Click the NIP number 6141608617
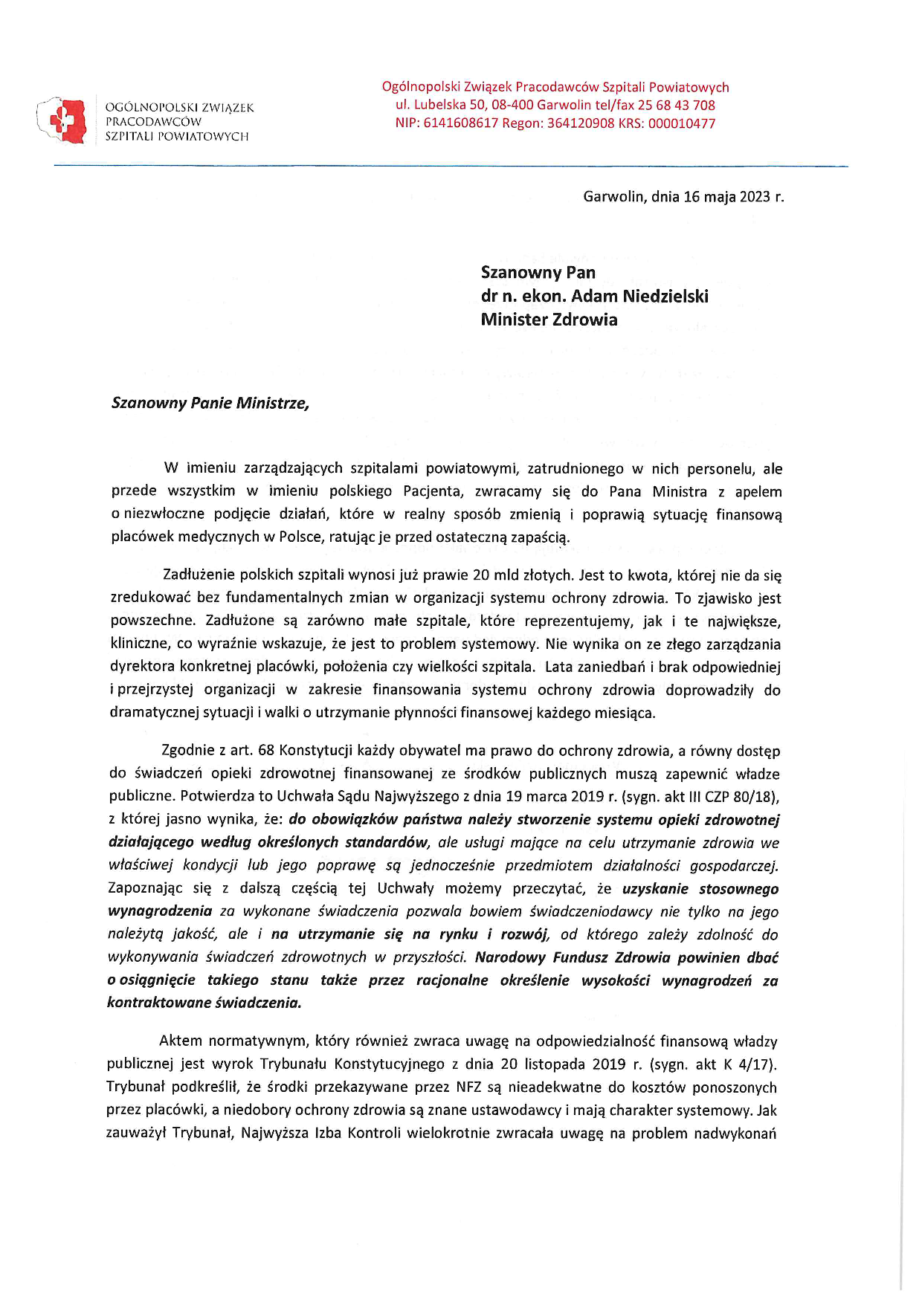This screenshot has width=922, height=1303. [x=460, y=123]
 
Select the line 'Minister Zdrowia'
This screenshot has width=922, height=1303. [x=549, y=320]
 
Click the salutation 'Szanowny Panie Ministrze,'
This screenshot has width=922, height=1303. [x=210, y=403]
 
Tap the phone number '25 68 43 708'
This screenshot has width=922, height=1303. [x=676, y=105]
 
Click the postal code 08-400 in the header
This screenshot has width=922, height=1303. [x=512, y=105]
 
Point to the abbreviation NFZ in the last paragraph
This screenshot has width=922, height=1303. [x=469, y=1087]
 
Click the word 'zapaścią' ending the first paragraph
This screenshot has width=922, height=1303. [x=539, y=537]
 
